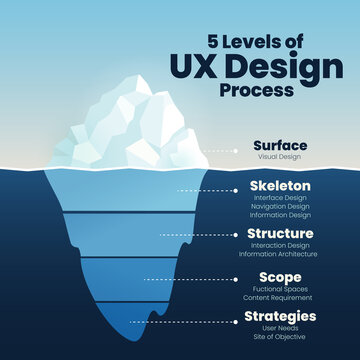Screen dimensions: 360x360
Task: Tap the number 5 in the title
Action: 212,43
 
